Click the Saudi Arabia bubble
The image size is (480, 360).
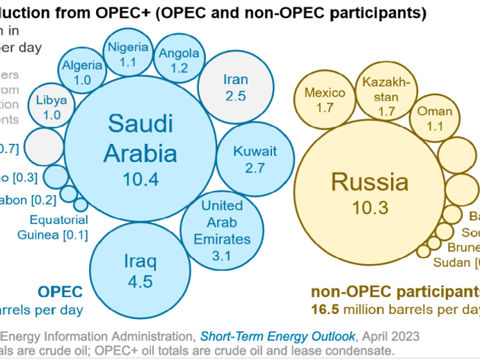pos(140,149)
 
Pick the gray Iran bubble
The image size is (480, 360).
pos(235,86)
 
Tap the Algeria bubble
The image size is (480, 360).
pos(82,72)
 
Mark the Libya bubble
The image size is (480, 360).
pos(52,106)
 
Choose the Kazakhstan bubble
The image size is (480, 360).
pos(386,95)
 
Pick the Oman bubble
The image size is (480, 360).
pos(435,117)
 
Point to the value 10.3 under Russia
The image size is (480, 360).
pos(369,207)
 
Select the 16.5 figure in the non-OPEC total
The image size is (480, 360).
pos(323,308)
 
